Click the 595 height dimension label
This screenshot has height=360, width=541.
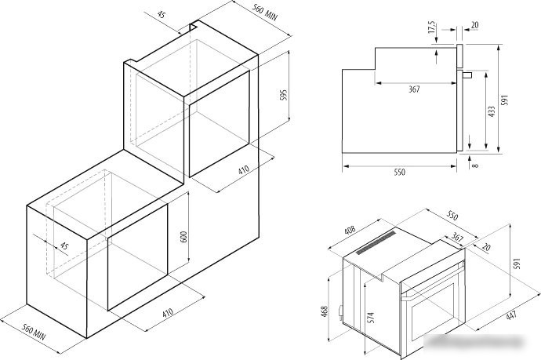(283, 95)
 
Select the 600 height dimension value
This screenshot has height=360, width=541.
(183, 236)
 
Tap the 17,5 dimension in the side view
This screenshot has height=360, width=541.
(432, 27)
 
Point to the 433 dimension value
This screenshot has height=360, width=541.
(492, 111)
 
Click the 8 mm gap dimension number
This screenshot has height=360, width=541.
(475, 165)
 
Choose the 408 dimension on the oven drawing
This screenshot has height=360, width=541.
(350, 230)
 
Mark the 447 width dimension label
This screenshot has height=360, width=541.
(511, 316)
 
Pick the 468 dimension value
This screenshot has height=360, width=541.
(325, 311)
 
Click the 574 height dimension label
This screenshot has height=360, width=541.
(371, 318)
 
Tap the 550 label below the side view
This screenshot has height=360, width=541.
(399, 172)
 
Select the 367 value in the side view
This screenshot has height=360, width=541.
(414, 89)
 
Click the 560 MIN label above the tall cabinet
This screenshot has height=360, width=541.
(264, 12)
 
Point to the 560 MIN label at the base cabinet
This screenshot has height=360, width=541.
(34, 332)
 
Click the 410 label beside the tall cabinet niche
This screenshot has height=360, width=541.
(244, 170)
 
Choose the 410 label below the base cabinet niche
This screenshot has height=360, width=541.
(168, 313)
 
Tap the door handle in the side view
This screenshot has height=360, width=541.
(467, 75)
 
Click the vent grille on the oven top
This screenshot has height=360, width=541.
(376, 242)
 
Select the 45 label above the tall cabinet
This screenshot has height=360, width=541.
(162, 14)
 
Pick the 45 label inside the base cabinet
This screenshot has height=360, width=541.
(64, 245)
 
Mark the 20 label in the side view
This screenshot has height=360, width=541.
(475, 25)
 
